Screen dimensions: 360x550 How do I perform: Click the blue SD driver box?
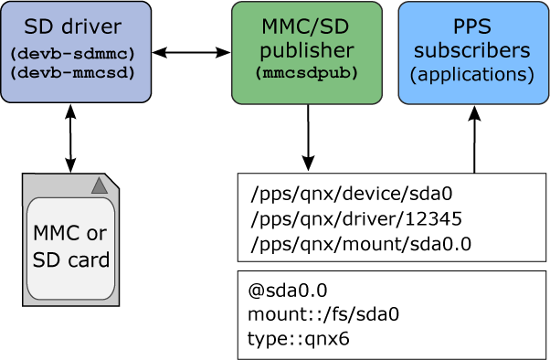[76, 51]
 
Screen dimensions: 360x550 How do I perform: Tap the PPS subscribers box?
[472, 52]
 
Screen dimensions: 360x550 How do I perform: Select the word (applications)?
[472, 74]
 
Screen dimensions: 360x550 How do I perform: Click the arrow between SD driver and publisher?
[191, 53]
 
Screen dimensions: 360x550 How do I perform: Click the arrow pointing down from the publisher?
[308, 137]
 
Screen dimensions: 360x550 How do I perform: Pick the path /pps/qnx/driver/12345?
[356, 219]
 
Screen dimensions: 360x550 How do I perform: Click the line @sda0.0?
[287, 291]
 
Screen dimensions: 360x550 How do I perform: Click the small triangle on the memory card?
[100, 186]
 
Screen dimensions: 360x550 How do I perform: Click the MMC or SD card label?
[70, 246]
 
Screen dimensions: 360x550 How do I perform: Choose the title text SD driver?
[76, 26]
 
